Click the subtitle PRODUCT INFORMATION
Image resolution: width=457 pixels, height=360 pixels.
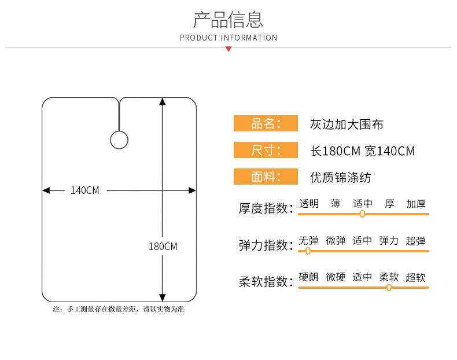tap(228, 38)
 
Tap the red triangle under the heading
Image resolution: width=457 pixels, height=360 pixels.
tap(228, 49)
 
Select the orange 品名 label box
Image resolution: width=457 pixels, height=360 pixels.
tap(266, 123)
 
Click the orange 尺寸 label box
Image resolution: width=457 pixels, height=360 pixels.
tap(266, 150)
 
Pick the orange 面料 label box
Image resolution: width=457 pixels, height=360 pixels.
tap(266, 177)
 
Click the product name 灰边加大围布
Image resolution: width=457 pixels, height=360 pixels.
tap(347, 124)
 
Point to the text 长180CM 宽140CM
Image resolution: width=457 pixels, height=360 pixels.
tap(363, 151)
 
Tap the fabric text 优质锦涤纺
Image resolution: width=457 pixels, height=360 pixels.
tap(340, 178)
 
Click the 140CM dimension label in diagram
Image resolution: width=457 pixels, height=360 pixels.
tap(85, 190)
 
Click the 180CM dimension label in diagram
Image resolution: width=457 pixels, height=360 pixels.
tap(163, 247)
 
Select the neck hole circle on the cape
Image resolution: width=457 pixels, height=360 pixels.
tap(119, 140)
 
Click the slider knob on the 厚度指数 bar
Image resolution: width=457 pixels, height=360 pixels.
tap(363, 214)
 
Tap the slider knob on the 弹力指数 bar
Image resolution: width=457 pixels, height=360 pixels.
tap(308, 251)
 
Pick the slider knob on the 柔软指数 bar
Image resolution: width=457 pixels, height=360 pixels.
tap(389, 287)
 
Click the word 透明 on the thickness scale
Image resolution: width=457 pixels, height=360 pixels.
tap(309, 204)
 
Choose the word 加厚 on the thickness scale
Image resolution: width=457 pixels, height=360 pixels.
tap(416, 204)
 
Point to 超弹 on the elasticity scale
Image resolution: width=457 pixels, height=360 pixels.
tap(416, 241)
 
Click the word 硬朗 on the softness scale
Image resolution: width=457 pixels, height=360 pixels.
tap(309, 277)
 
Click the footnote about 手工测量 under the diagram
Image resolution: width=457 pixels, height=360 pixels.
tap(119, 309)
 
